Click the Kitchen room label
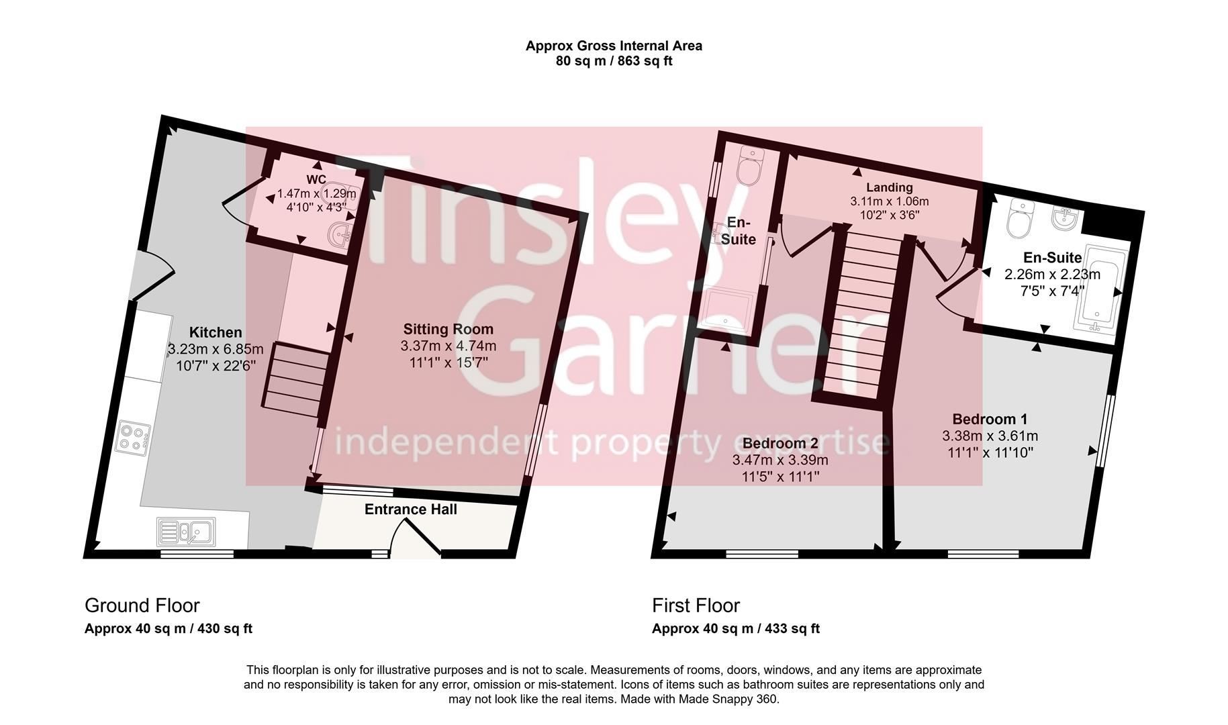tap(216, 332)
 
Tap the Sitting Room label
tap(448, 329)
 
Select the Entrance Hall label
tap(411, 510)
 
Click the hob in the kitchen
tap(133, 438)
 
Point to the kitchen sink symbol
tap(186, 532)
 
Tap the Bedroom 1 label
tap(990, 419)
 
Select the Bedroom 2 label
tap(780, 443)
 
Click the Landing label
tap(889, 187)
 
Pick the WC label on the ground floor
tap(316, 179)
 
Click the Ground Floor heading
tap(142, 606)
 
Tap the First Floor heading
tap(696, 606)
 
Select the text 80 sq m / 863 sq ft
tap(614, 61)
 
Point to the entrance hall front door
tap(416, 537)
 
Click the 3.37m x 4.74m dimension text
tap(448, 346)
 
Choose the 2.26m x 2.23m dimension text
tap(1052, 274)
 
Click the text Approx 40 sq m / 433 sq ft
tap(735, 629)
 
